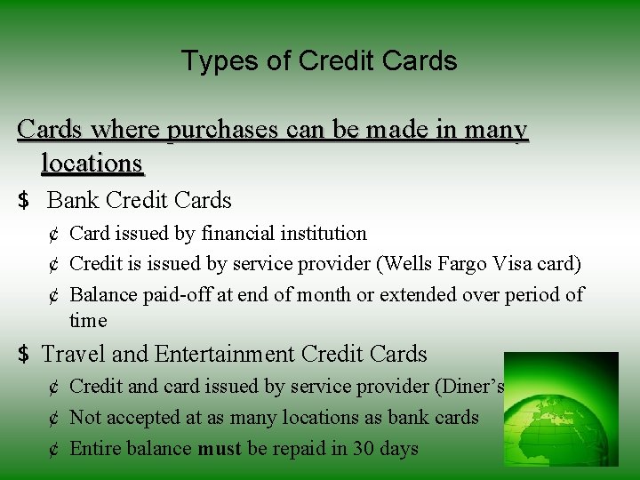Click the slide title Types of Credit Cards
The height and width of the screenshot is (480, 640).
pos(319,60)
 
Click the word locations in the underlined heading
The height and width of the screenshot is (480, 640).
pos(92,163)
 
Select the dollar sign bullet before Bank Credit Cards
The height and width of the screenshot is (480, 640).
pos(24,201)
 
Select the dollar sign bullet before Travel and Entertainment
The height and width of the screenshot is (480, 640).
pos(24,355)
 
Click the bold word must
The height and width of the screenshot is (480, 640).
pos(219,449)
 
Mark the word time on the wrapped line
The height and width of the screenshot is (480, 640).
pos(88,320)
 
